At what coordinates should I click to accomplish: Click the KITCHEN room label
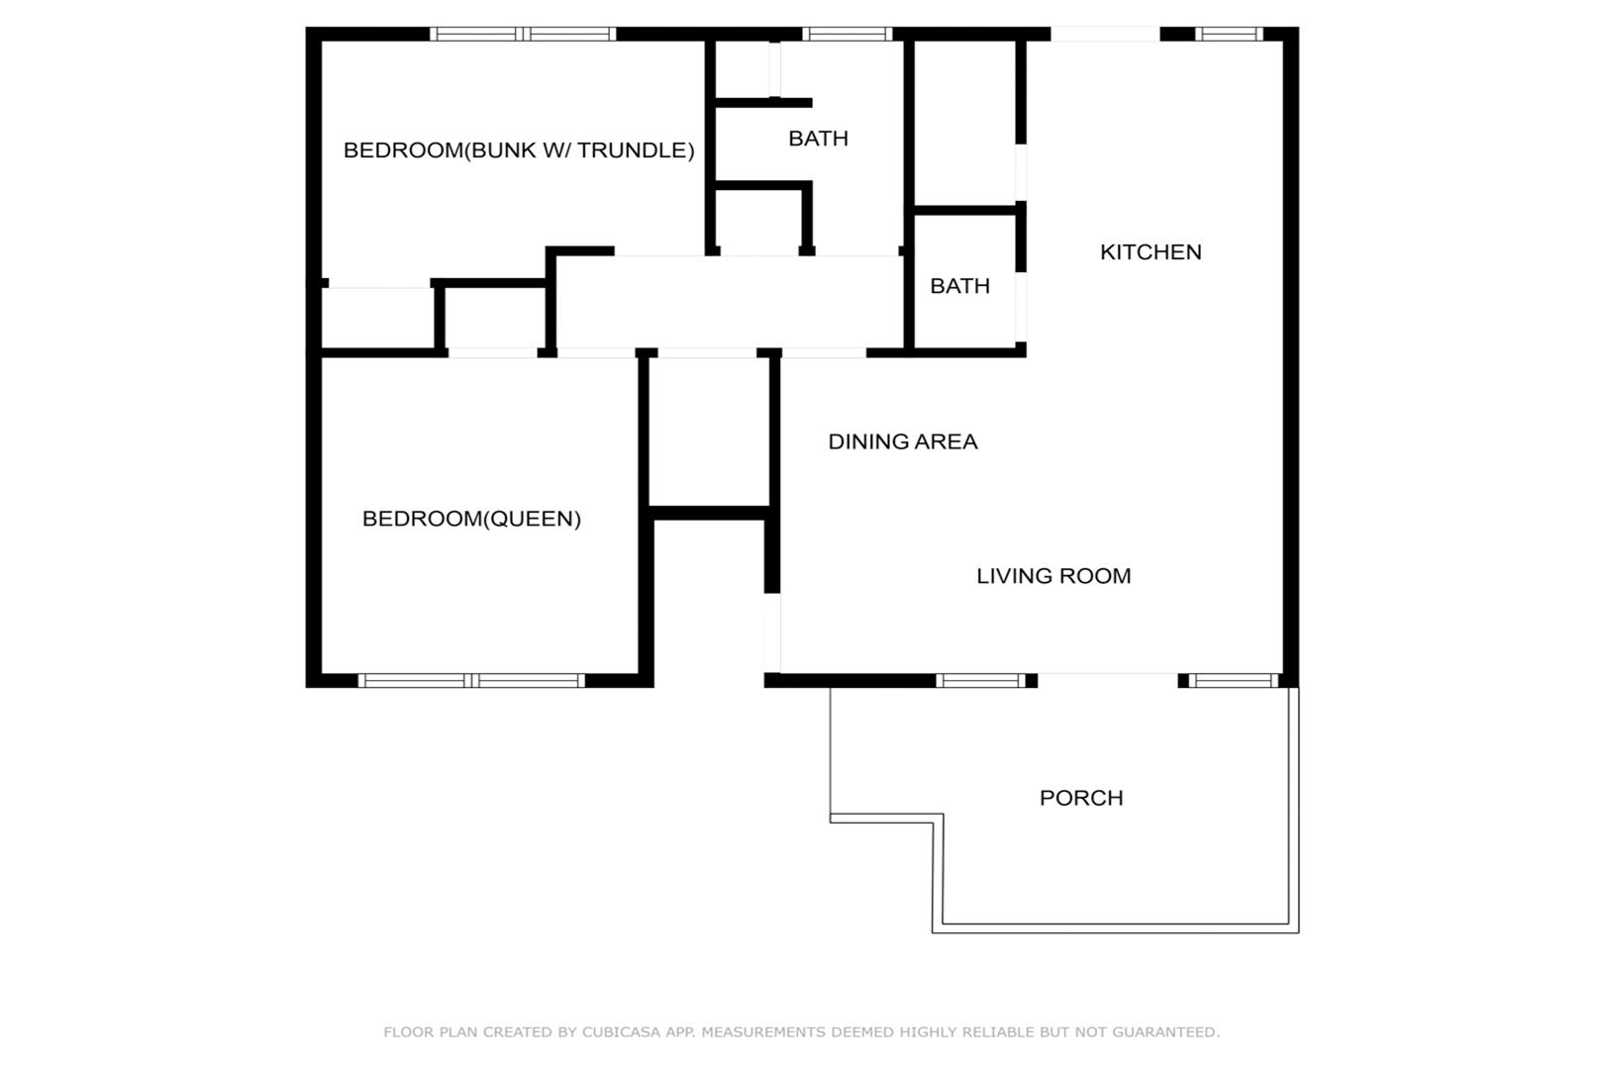point(1151,251)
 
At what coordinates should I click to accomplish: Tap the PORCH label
point(1081,798)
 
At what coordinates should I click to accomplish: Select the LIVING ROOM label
point(1053,575)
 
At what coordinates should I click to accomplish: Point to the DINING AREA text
point(903,441)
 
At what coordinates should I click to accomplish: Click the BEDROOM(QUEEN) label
point(471,518)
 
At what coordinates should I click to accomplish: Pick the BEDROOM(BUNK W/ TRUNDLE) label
point(519,149)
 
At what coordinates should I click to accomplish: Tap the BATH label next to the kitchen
point(960,286)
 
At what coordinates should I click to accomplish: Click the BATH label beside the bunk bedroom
point(818,138)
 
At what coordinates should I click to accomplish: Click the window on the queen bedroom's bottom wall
point(471,681)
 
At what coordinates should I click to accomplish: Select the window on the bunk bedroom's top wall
point(523,34)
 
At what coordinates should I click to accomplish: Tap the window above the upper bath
point(847,34)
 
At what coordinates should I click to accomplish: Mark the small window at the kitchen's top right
point(1229,34)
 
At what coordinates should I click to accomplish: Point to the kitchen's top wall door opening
point(1105,34)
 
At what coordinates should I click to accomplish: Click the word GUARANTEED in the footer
point(1165,1031)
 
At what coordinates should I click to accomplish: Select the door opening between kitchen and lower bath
point(1021,307)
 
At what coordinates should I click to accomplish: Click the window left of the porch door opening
point(981,681)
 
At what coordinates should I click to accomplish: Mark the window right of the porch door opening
point(1234,681)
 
